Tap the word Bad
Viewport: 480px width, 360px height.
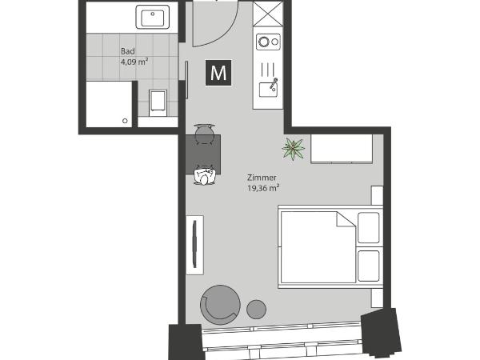[x=126, y=50]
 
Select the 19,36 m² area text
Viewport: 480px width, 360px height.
[x=263, y=189]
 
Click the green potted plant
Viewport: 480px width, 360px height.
[x=293, y=147]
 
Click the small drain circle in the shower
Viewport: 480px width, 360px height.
[x=125, y=121]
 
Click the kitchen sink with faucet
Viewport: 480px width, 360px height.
[x=266, y=84]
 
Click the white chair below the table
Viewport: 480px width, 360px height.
[x=206, y=178]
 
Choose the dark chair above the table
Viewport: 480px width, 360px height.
[x=204, y=129]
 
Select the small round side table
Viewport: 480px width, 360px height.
[x=256, y=308]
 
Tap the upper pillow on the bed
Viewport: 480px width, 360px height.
[x=370, y=228]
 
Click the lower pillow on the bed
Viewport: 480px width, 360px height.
[x=370, y=265]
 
